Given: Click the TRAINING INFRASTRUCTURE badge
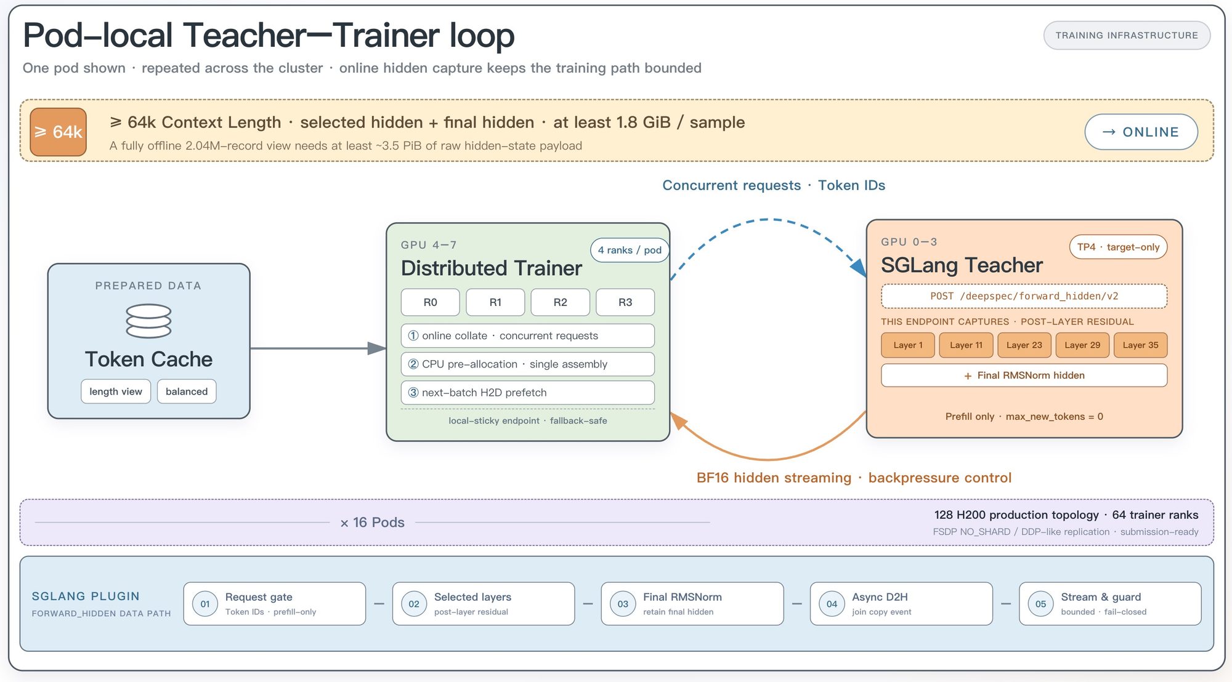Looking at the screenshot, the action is pyautogui.click(x=1127, y=35).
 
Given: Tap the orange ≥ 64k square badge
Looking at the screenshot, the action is pyautogui.click(x=58, y=132).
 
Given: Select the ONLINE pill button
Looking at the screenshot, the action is pyautogui.click(x=1141, y=132).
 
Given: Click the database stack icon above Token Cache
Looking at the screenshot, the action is pyautogui.click(x=148, y=321).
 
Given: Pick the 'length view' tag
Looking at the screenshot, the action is pyautogui.click(x=116, y=391).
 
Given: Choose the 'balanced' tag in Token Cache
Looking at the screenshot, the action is pyautogui.click(x=187, y=391).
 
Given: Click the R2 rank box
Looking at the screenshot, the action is pyautogui.click(x=560, y=302).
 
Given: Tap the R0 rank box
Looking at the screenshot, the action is pyautogui.click(x=430, y=302).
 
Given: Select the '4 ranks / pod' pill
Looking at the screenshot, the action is pyautogui.click(x=630, y=250).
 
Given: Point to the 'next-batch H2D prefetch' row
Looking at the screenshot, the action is pyautogui.click(x=527, y=393).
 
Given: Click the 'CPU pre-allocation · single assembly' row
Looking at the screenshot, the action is pyautogui.click(x=527, y=364).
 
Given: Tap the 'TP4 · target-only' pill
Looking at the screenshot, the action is pyautogui.click(x=1118, y=247).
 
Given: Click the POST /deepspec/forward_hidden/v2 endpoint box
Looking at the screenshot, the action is pyautogui.click(x=1024, y=296).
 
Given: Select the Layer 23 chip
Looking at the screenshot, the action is pyautogui.click(x=1024, y=345).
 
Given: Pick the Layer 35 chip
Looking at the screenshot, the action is pyautogui.click(x=1140, y=345).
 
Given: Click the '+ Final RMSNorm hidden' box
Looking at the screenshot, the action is pyautogui.click(x=1024, y=375).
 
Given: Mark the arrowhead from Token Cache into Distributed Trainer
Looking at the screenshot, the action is pyautogui.click(x=377, y=348).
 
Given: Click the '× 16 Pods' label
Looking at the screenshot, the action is pyautogui.click(x=372, y=523).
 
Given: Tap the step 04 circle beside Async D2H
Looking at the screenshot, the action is pyautogui.click(x=832, y=604).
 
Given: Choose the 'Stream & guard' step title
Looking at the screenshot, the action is pyautogui.click(x=1101, y=597).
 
